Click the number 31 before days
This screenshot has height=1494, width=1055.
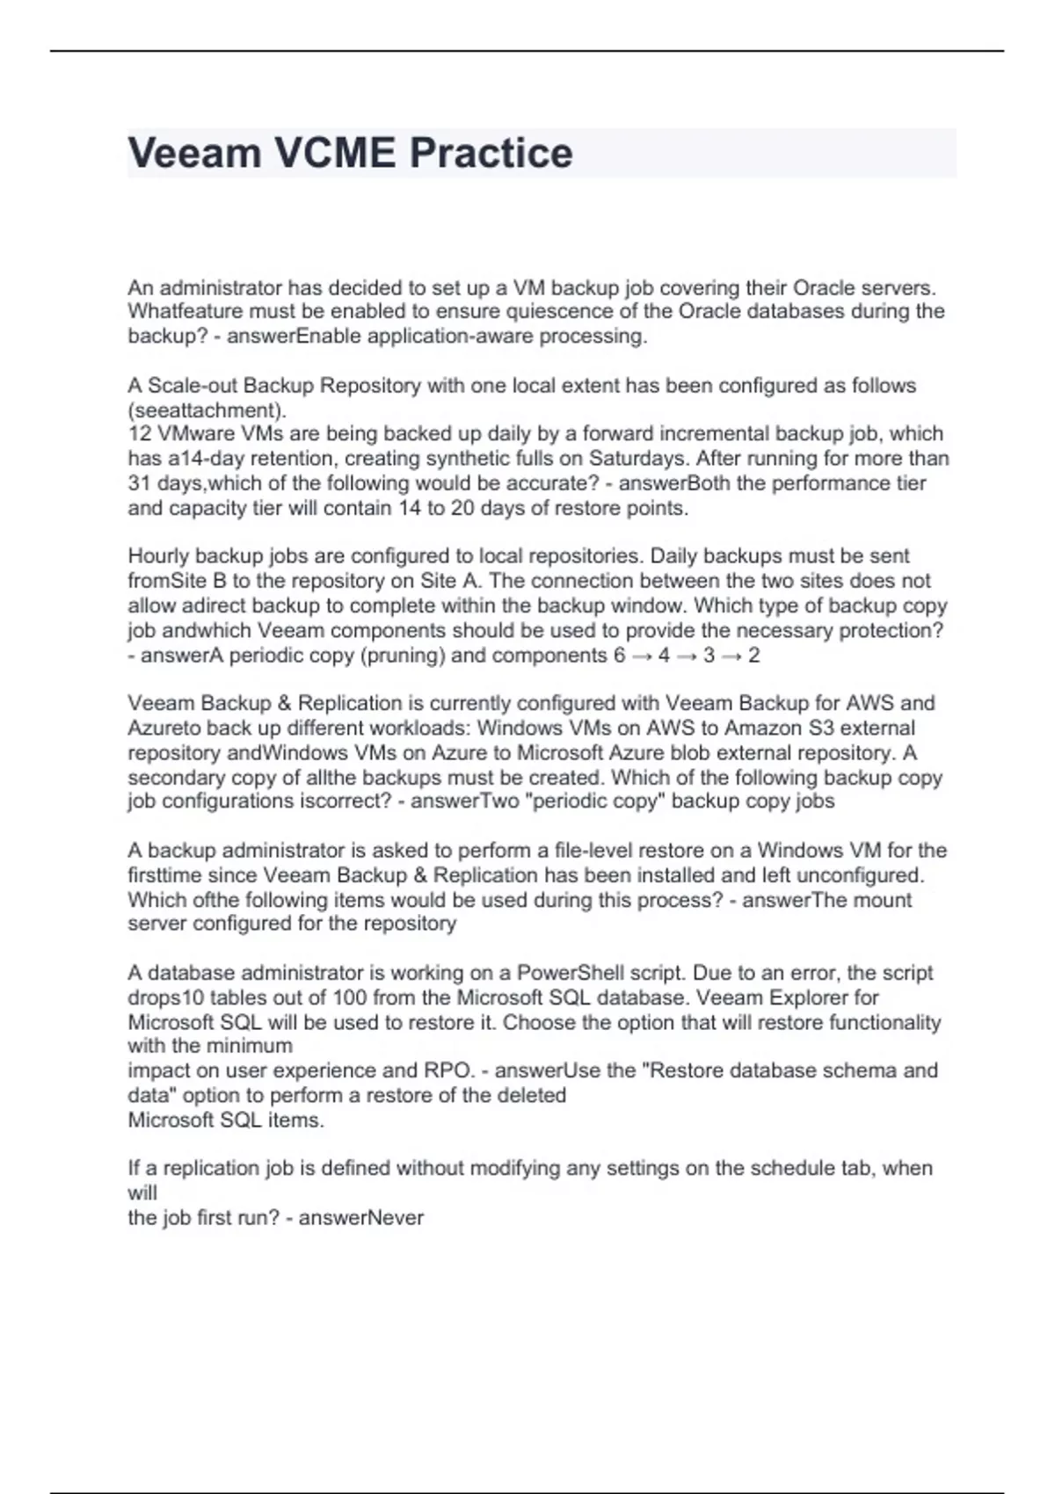(x=140, y=483)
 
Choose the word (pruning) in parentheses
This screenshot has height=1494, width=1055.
(x=404, y=656)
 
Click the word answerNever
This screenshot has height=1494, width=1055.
(x=361, y=1218)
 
